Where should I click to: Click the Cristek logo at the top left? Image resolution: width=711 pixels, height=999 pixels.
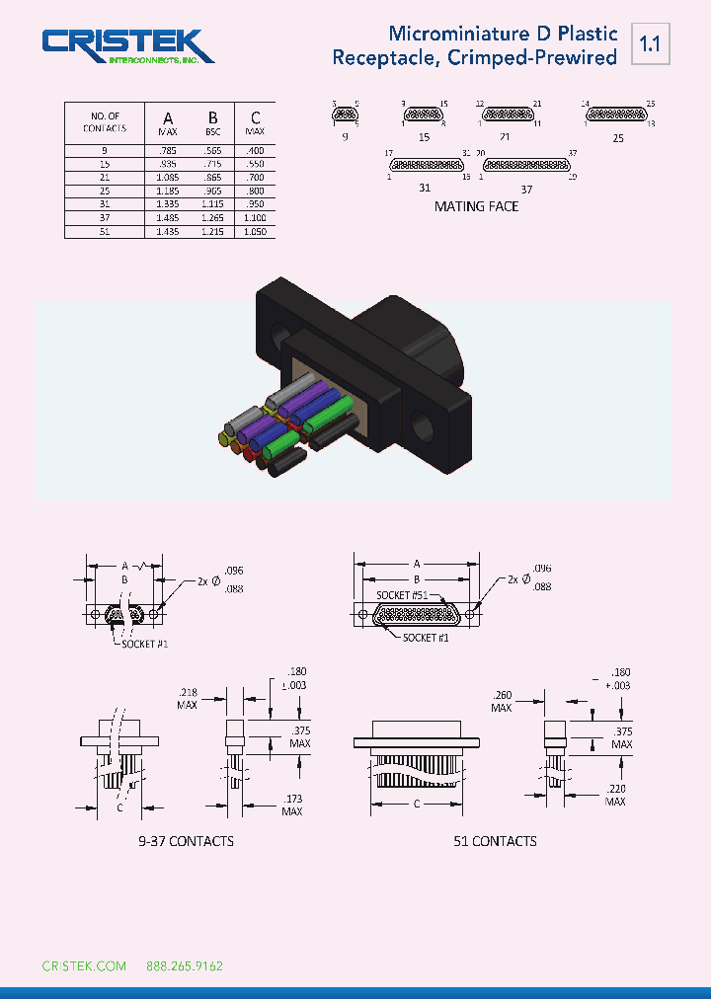[x=127, y=46]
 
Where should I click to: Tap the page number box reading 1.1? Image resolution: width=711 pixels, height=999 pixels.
[x=650, y=43]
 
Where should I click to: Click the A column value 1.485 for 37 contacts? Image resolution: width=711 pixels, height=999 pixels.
[x=168, y=217]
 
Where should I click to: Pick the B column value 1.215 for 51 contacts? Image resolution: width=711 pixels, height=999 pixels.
[x=212, y=231]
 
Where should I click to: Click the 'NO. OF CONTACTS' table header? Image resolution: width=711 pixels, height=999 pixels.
[x=105, y=122]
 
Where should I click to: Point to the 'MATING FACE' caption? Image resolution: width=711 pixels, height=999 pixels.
[x=476, y=206]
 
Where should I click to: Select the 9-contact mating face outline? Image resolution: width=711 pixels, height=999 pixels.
[x=345, y=115]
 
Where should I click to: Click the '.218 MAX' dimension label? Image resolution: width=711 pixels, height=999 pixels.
[x=188, y=698]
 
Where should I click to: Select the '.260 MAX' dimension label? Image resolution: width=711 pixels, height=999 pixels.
[x=502, y=702]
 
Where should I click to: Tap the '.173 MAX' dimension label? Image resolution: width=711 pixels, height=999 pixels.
[x=291, y=804]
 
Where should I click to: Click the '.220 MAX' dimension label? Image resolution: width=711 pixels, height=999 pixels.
[x=615, y=795]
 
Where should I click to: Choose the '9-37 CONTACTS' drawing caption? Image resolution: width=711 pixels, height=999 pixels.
[x=186, y=841]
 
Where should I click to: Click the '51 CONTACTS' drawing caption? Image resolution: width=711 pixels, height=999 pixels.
[x=495, y=841]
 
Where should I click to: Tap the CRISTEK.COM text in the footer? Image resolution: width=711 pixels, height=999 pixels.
[x=84, y=965]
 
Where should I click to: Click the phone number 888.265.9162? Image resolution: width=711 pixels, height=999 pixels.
[x=185, y=965]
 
